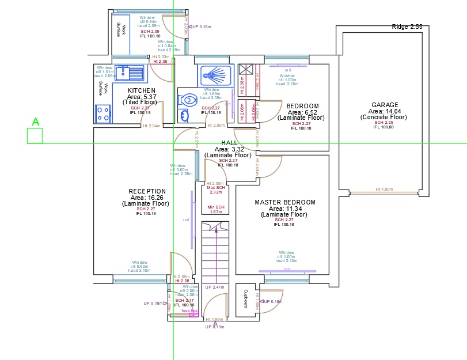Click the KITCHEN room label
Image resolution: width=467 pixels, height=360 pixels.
point(141,91)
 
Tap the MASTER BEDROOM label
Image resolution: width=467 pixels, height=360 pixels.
point(285,202)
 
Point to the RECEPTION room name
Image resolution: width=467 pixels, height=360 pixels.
point(147,191)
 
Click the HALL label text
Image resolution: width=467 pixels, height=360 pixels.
point(229,143)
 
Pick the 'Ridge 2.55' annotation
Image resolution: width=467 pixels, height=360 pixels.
point(407,27)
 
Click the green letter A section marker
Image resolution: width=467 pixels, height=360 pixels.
point(35,122)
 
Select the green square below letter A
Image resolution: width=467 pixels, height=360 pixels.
point(35,136)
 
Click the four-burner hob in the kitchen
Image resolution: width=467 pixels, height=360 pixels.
point(103,113)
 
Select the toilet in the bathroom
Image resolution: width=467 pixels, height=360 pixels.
point(188,100)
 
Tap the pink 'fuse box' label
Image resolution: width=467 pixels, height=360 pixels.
point(189,311)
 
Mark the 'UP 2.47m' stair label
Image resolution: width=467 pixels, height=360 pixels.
point(214,287)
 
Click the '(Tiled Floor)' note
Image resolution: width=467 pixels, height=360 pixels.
point(140,102)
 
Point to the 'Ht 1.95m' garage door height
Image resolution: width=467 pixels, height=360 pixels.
point(384,189)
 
